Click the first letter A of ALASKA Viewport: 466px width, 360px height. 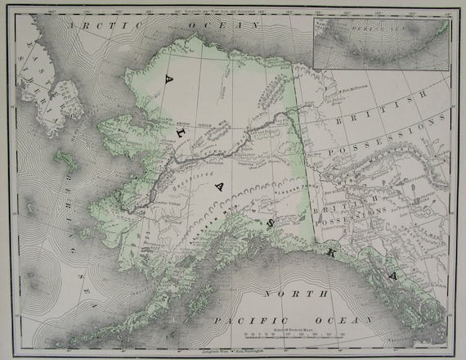point(170,79)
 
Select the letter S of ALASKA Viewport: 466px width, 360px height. point(266,222)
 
